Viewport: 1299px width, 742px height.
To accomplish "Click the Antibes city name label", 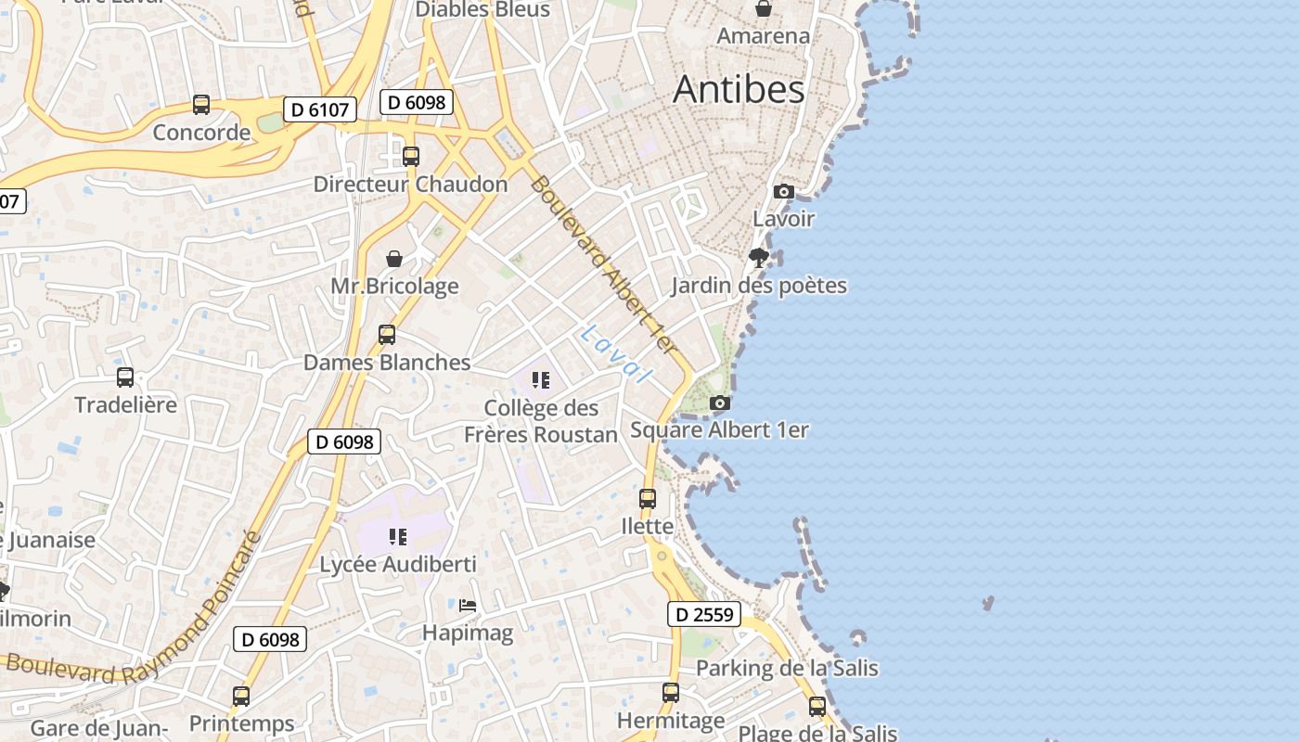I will pyautogui.click(x=739, y=89).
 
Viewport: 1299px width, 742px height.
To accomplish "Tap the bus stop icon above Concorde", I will pyautogui.click(x=201, y=104).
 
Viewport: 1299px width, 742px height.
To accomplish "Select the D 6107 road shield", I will pyautogui.click(x=319, y=109).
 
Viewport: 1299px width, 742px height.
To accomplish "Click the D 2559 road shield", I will pyautogui.click(x=704, y=614).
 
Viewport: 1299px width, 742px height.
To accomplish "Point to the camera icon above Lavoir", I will pyautogui.click(x=784, y=191).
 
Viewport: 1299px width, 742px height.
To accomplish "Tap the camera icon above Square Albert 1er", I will pyautogui.click(x=719, y=403).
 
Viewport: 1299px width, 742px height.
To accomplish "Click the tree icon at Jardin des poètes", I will pyautogui.click(x=759, y=257).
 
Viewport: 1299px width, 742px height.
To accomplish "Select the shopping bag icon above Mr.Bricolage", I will pyautogui.click(x=394, y=258).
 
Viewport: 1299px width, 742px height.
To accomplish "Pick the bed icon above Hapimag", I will pyautogui.click(x=468, y=606).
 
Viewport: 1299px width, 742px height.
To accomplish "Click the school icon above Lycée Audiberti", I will pyautogui.click(x=398, y=536).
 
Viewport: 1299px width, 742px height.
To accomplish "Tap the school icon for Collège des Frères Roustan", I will pyautogui.click(x=541, y=379).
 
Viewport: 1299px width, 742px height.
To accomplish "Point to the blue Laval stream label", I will pyautogui.click(x=614, y=353).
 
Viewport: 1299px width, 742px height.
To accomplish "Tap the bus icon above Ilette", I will pyautogui.click(x=648, y=498).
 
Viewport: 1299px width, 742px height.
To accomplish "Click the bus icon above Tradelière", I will pyautogui.click(x=125, y=377).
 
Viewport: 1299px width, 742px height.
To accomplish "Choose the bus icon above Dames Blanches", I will pyautogui.click(x=387, y=334).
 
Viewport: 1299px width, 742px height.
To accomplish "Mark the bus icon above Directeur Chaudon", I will pyautogui.click(x=411, y=156).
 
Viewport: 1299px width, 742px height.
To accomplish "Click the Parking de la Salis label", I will pyautogui.click(x=787, y=668).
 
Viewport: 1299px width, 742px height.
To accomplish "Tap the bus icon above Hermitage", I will pyautogui.click(x=671, y=692).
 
